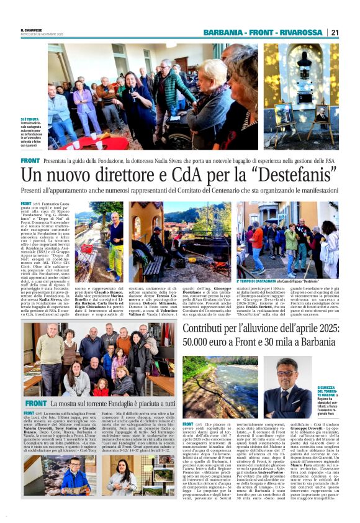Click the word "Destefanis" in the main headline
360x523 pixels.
294,175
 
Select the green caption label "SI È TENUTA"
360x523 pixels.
30,119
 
